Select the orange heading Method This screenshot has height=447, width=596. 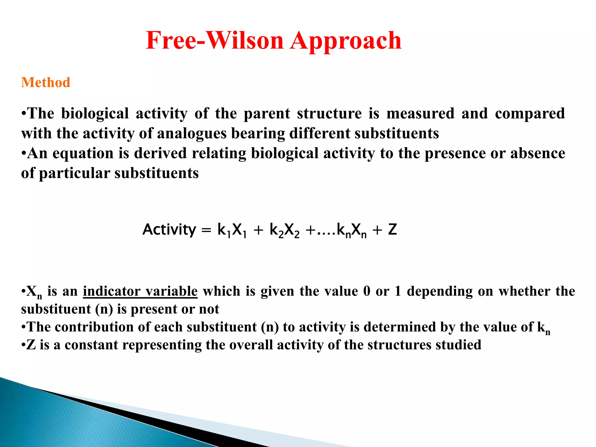[46, 82]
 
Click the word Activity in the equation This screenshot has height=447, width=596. [169, 230]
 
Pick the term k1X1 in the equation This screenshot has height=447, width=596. [232, 230]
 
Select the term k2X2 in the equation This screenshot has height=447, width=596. [284, 230]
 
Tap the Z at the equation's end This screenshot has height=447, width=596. [393, 230]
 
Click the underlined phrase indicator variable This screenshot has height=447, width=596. [140, 291]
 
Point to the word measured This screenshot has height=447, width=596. [420, 113]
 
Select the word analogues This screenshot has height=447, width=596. [191, 134]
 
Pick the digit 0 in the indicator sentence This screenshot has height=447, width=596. [367, 291]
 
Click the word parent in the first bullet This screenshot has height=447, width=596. [267, 114]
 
